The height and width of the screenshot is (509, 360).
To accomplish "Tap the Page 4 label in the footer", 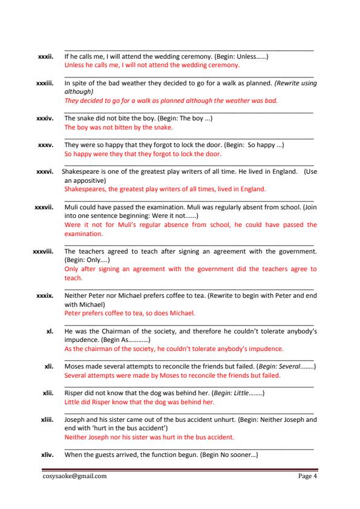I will [x=308, y=476].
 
